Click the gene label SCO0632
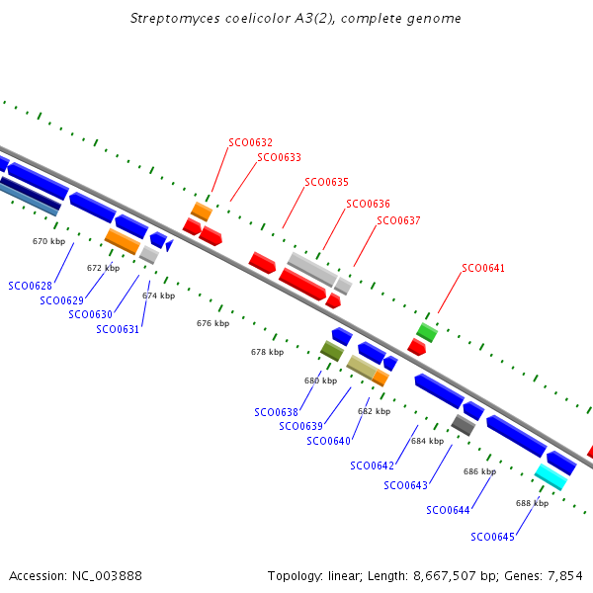[x=250, y=142]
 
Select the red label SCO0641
[x=483, y=268]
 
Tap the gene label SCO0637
[x=398, y=220]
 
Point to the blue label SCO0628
[x=30, y=286]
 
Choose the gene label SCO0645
[x=492, y=537]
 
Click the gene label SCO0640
[x=328, y=441]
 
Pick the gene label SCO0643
[x=405, y=485]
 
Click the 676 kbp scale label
[x=212, y=323]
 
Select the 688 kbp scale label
[x=532, y=503]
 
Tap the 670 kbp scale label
[x=48, y=241]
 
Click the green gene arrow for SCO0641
[x=426, y=331]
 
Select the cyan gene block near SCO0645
[x=551, y=476]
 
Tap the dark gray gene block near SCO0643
[x=463, y=424]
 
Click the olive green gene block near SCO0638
[x=332, y=350]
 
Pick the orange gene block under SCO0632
[x=202, y=212]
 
